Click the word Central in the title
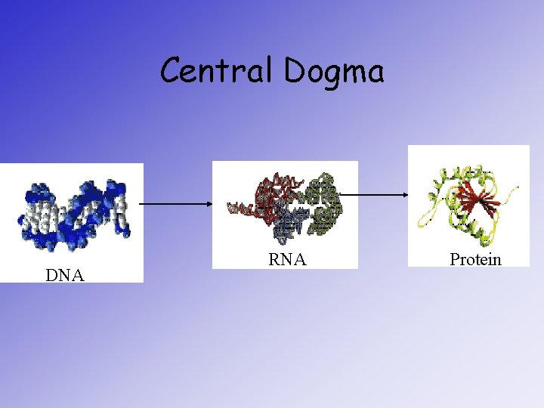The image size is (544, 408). (218, 71)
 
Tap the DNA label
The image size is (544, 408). (64, 275)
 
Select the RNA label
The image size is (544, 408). (287, 260)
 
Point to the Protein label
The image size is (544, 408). (475, 260)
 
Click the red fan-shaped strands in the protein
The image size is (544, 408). (474, 200)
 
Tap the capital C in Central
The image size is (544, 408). (171, 71)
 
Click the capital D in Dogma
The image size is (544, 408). (297, 71)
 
